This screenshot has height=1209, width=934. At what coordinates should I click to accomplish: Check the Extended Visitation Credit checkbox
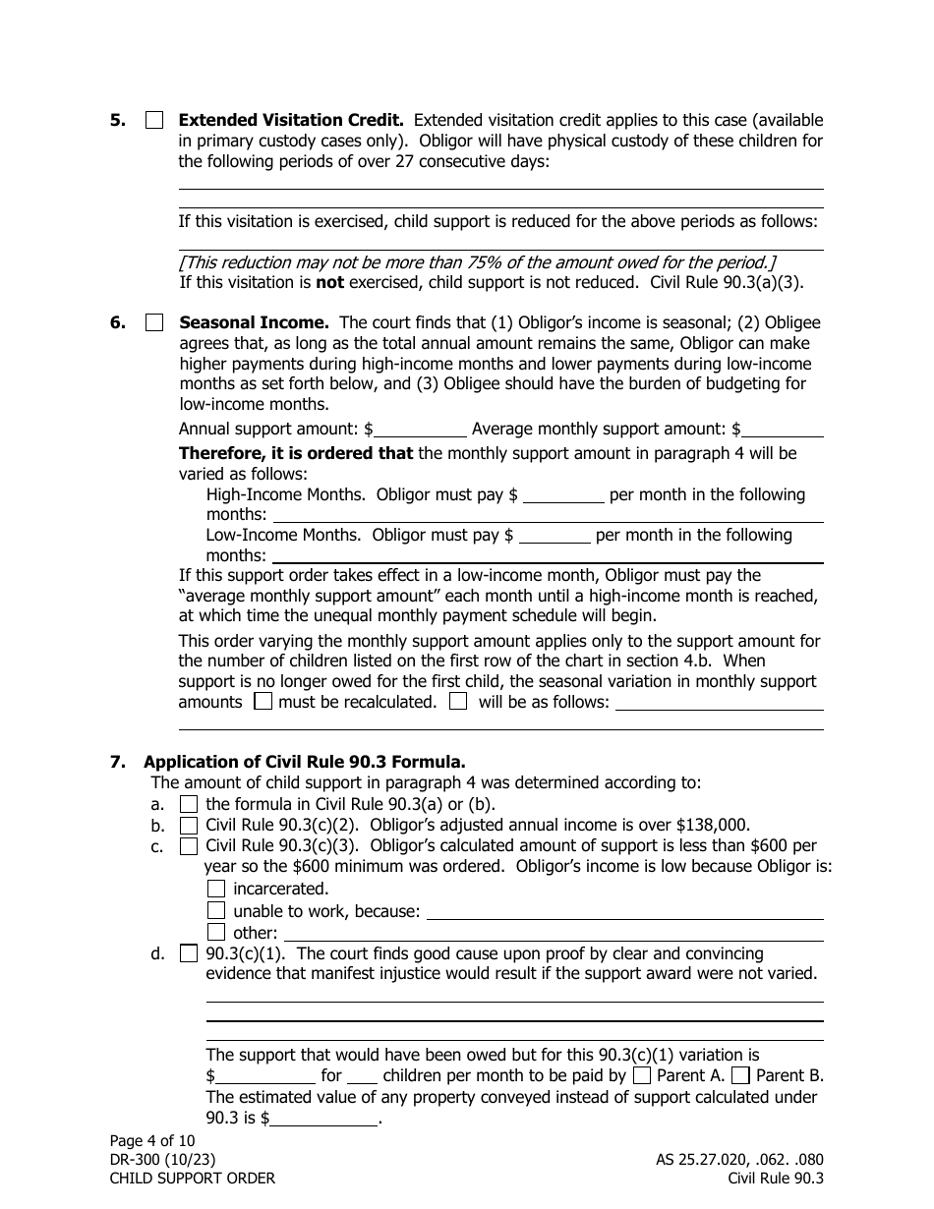tap(154, 121)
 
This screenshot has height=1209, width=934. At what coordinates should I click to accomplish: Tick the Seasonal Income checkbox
tap(154, 322)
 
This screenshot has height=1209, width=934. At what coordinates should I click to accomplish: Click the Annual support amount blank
tap(420, 430)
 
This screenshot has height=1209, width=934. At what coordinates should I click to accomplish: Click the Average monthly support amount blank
tap(784, 430)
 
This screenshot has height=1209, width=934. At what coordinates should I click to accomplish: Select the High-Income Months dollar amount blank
tap(563, 495)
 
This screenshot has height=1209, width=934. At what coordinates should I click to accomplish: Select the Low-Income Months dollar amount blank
tap(554, 536)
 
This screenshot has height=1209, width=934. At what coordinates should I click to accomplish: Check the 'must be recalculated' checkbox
tap(263, 702)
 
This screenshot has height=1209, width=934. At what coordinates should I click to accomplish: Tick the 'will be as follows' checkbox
tap(458, 702)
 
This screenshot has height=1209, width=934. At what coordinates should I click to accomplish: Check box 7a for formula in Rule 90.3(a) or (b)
tap(189, 804)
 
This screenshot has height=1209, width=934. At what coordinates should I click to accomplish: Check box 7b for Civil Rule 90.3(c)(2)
tap(189, 826)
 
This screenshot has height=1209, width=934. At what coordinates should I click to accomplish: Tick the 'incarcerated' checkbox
tap(216, 889)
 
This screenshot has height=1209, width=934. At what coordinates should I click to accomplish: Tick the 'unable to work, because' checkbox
tap(216, 910)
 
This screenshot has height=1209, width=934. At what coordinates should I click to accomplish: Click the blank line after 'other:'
tap(553, 933)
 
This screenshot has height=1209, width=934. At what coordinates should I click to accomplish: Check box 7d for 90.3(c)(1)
tap(189, 953)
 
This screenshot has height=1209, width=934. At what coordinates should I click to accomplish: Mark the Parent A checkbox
tap(642, 1075)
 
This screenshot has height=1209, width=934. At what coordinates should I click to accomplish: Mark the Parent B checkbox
tap(741, 1075)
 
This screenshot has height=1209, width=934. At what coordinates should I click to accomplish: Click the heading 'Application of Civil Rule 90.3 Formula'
tap(304, 762)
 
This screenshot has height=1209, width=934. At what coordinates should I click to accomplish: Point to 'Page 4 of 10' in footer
tap(152, 1141)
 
